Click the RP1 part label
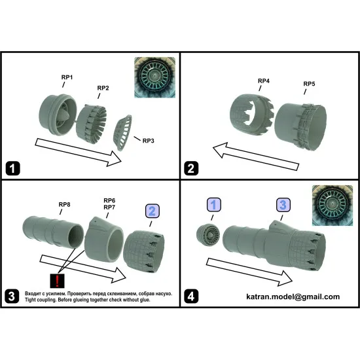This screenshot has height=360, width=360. (67, 77)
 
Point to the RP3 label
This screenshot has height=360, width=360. (149, 141)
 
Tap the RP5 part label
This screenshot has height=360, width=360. (309, 84)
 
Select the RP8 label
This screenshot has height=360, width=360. (65, 204)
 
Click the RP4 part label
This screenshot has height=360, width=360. (264, 81)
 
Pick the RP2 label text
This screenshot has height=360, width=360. (103, 88)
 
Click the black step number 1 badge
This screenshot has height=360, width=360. (12, 168)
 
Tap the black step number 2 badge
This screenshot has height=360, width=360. (191, 168)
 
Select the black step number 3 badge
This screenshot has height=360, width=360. (12, 296)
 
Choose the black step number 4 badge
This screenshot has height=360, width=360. (191, 296)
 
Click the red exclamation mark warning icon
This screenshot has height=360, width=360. (57, 281)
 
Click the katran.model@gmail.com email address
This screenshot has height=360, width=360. (293, 297)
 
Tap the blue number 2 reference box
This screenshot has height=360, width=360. (153, 211)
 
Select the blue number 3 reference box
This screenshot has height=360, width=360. (283, 205)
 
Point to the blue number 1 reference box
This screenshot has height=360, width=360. (214, 205)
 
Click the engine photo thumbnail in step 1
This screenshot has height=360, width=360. (154, 77)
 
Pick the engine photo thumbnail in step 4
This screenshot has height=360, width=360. (333, 206)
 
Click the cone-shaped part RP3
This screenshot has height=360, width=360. (122, 133)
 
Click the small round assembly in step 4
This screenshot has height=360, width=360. (208, 235)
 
